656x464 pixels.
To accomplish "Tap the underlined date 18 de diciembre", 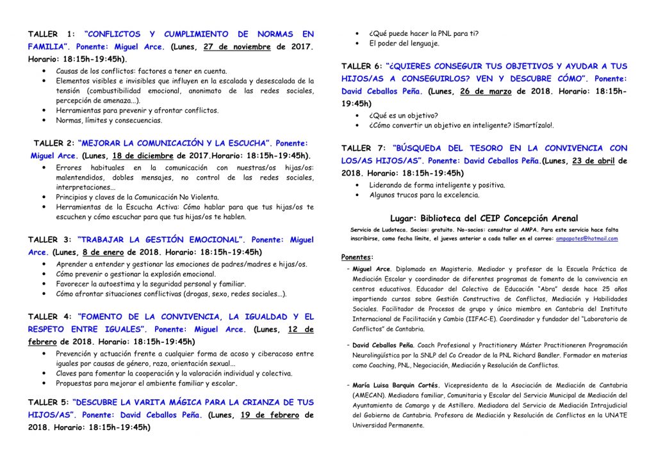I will click(143, 156).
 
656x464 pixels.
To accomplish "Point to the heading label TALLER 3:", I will click(51, 239).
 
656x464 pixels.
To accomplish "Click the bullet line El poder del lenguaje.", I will click(404, 44).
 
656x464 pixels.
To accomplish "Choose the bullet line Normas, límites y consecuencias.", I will click(109, 120).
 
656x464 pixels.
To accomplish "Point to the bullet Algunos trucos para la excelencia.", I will click(424, 195).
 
